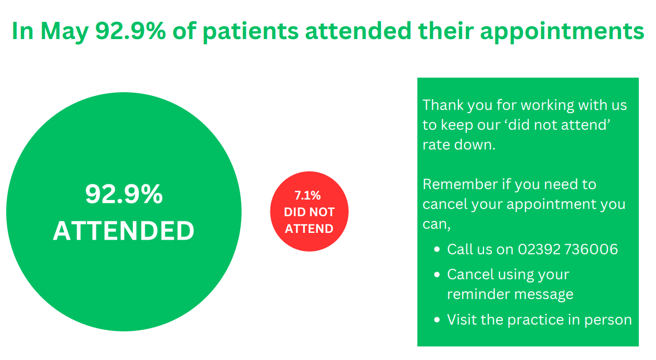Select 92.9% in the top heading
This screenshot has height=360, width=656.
point(131,31)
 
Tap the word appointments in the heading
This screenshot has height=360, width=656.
point(562,32)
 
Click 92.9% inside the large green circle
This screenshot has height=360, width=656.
point(124,194)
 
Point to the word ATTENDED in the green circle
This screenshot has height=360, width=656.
point(123,231)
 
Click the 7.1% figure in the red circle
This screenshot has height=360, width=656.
point(307,195)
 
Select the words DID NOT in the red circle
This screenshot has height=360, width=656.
point(310,212)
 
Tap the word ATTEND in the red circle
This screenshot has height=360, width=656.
point(310,229)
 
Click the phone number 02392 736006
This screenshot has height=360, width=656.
point(568,249)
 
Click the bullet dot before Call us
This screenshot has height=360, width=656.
point(437,250)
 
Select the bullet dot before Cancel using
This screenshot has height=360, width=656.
point(437,275)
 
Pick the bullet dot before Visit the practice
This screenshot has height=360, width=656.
point(437,319)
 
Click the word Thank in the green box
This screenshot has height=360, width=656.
point(443,105)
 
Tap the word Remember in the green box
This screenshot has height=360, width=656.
point(460,184)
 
